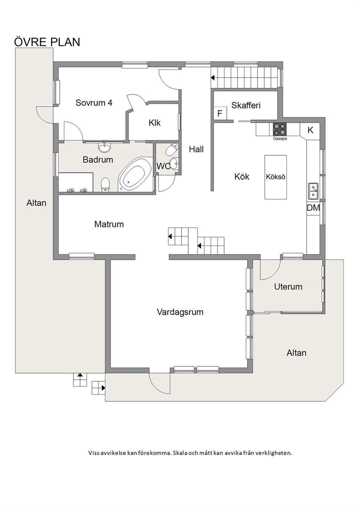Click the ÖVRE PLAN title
click(47, 42)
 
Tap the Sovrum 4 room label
click(94, 103)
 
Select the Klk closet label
click(155, 123)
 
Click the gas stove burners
click(280, 129)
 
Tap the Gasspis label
click(280, 138)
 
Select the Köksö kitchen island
click(275, 177)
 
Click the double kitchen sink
click(313, 191)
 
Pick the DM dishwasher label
click(313, 208)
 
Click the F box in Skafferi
click(220, 113)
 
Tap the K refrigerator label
click(310, 130)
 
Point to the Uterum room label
click(288, 287)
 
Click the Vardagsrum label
click(180, 312)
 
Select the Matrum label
click(109, 224)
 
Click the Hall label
click(196, 149)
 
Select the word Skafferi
click(246, 105)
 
